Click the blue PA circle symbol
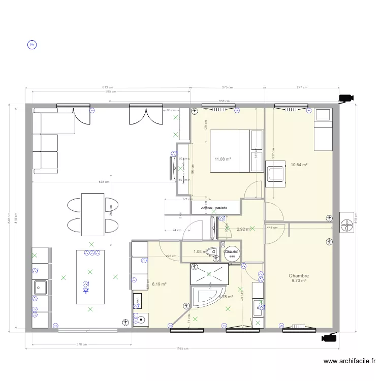coord(31,45)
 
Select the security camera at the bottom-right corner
coord(329,337)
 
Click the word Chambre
coord(299,276)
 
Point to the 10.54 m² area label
coord(299,165)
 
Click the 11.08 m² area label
coord(223,159)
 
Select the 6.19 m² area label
coord(159,284)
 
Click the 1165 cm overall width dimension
coord(182,348)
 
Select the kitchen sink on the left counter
coord(40,288)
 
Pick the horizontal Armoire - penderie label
coord(213,208)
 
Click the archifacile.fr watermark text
coord(350,362)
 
